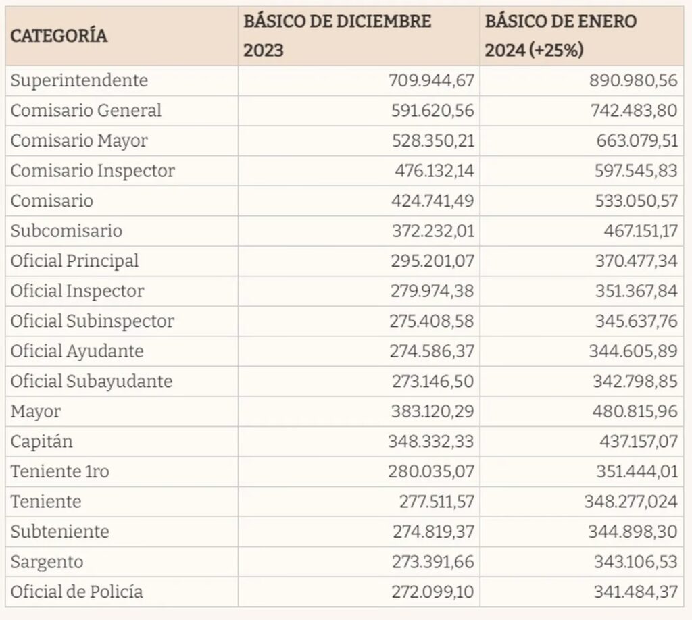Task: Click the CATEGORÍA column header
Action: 59,36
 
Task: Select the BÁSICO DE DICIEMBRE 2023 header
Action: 337,36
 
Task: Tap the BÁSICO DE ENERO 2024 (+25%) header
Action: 561,36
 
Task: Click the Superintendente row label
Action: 79,80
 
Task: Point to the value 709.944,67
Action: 432,80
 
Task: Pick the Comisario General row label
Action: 86,110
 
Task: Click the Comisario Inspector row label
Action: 93,171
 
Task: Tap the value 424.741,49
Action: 432,201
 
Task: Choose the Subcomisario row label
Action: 66,231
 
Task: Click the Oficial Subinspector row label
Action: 93,321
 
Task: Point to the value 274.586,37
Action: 432,351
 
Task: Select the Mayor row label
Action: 36,411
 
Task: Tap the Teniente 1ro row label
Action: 59,471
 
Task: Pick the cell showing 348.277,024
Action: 631,502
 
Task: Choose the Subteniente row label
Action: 59,532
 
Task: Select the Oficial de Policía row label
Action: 76,592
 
